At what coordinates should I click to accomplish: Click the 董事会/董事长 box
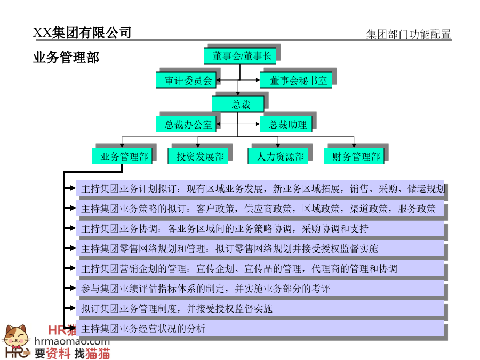[240, 55]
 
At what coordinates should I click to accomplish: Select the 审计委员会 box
[186, 80]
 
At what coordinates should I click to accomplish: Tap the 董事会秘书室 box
[296, 80]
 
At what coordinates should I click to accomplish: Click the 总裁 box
[238, 104]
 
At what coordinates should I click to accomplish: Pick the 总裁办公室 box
[186, 124]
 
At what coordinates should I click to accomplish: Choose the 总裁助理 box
[286, 124]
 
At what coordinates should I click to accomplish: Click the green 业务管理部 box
[122, 156]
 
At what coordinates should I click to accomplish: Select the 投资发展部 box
[198, 156]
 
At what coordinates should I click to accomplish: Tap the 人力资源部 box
[278, 156]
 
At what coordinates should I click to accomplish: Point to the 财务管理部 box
[354, 156]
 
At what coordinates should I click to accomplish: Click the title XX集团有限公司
[82, 33]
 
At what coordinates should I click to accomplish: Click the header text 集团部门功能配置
[409, 34]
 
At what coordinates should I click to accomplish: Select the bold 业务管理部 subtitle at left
[66, 57]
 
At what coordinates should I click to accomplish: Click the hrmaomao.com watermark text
[72, 341]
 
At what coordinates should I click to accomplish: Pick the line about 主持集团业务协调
[225, 229]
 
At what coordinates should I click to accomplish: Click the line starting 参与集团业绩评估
[206, 289]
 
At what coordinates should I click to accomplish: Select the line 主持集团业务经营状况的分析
[143, 329]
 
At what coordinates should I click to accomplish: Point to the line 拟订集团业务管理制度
[177, 309]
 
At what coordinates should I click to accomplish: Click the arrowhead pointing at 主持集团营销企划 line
[73, 268]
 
